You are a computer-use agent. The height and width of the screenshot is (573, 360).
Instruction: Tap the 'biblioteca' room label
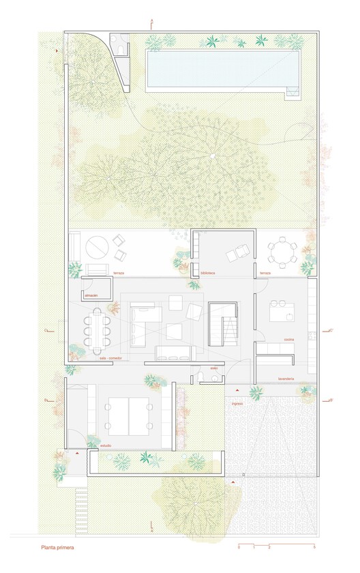207,273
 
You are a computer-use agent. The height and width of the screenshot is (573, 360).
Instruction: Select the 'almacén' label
92,295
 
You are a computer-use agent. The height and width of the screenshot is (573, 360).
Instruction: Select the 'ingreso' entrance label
237,403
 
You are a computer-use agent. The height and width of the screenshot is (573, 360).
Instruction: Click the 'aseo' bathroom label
213,368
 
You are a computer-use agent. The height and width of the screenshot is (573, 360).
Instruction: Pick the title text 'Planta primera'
57,547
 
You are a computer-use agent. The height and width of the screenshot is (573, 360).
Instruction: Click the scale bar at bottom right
276,546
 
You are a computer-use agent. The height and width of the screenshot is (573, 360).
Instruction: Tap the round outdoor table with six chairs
282,252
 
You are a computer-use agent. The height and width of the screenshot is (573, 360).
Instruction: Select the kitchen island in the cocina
282,312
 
